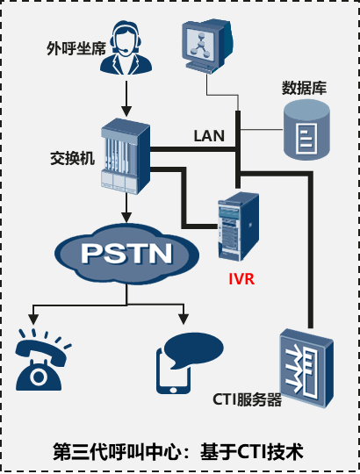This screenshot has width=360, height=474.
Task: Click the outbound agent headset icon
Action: coord(126,47)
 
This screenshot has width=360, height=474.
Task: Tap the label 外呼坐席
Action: coord(76,48)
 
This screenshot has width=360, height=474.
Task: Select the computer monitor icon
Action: coord(207,46)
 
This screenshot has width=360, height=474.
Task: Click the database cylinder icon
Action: coord(306,130)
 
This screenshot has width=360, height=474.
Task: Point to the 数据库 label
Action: coord(304,88)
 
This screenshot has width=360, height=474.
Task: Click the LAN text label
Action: coord(209,136)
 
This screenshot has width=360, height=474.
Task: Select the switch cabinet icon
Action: coord(126,156)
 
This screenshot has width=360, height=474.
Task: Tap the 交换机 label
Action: coord(73,158)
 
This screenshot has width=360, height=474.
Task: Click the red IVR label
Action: coord(241,279)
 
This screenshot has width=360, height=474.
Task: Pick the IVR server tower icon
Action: coord(239,226)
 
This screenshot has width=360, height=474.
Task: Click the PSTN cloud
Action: coord(126,254)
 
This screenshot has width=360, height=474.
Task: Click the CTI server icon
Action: coord(306,368)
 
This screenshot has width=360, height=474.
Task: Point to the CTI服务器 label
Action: coord(247,399)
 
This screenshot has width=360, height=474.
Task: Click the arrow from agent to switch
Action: coord(126,99)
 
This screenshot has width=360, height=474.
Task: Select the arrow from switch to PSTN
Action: coord(126,208)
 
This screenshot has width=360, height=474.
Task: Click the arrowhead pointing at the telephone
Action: coord(33,320)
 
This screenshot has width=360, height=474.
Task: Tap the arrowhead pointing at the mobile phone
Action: coord(184,320)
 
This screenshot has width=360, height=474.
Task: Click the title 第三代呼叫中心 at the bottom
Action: coord(120,453)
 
